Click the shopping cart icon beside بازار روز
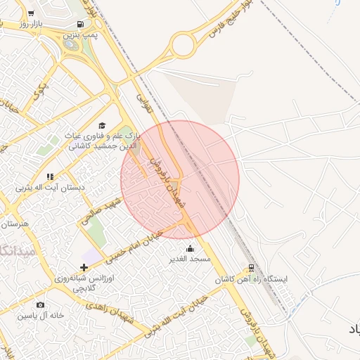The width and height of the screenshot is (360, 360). pos(31,13)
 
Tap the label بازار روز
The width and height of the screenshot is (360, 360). pos(32,24)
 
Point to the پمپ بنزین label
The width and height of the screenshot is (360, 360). pos(78,34)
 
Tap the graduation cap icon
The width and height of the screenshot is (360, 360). pos(102,124)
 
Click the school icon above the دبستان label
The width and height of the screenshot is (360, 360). pos(49,176)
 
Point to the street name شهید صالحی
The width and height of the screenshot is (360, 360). pos(101,210)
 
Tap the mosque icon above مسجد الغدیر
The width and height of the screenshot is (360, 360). pos(190,248)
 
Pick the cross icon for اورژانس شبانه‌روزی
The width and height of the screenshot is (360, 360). pos(85,267)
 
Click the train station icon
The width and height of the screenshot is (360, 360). pos(250,268)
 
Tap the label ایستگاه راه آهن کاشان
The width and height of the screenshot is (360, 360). pos(252,279)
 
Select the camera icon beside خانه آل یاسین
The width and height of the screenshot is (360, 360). pos(40,304)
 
